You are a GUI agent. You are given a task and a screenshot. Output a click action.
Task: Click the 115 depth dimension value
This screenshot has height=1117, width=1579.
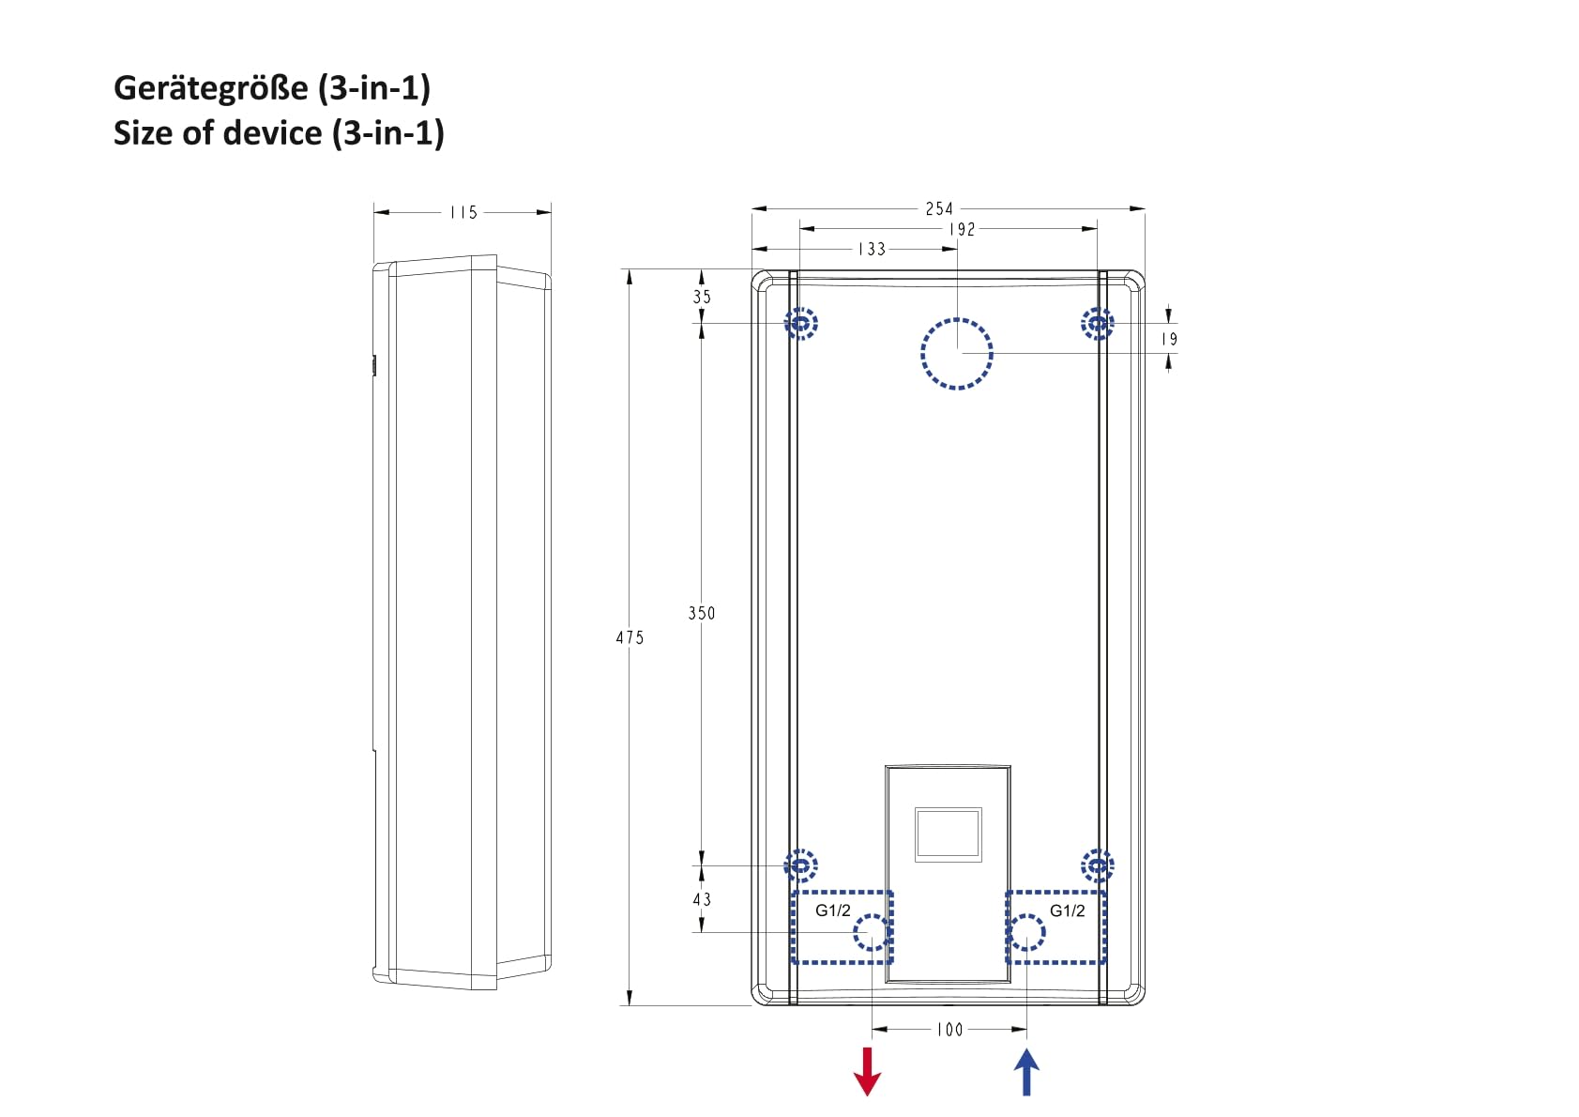tap(463, 212)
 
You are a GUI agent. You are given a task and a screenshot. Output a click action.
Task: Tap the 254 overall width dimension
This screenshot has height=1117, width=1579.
tap(939, 208)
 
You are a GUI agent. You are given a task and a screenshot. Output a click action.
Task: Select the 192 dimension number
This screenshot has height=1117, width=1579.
tap(962, 229)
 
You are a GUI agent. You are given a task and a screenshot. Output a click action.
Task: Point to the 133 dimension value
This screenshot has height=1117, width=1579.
tap(872, 249)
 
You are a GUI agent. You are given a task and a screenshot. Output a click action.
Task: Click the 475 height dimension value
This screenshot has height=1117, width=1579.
tap(630, 637)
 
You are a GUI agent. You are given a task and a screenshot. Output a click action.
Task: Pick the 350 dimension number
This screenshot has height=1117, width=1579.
tap(702, 613)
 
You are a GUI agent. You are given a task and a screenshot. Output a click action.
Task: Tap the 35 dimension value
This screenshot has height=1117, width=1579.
tap(702, 297)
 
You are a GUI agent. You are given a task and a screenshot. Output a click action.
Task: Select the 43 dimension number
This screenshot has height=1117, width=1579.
tap(702, 899)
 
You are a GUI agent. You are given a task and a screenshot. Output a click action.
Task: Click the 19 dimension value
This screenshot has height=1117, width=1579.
tap(1169, 339)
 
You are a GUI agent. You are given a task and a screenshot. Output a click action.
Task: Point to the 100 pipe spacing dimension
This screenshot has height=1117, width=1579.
tap(949, 1030)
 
